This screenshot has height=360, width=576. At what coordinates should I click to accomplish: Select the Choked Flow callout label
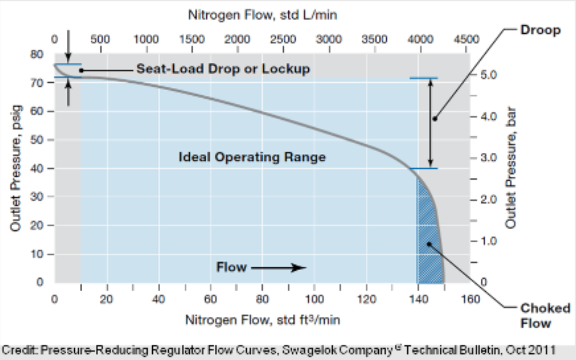click(539, 316)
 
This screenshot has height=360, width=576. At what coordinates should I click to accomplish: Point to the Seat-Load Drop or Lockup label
click(223, 69)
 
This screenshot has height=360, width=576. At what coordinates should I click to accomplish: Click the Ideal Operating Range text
click(252, 157)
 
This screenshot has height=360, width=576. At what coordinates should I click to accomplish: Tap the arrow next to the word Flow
click(278, 268)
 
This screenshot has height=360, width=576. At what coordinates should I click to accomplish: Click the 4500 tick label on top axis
click(466, 40)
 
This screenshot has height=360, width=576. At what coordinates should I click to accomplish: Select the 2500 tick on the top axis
click(283, 40)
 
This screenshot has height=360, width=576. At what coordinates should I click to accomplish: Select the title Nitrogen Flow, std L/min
click(263, 15)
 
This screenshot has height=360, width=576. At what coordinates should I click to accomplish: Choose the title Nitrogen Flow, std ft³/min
click(263, 320)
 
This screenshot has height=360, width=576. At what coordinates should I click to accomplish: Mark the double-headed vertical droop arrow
click(431, 123)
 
